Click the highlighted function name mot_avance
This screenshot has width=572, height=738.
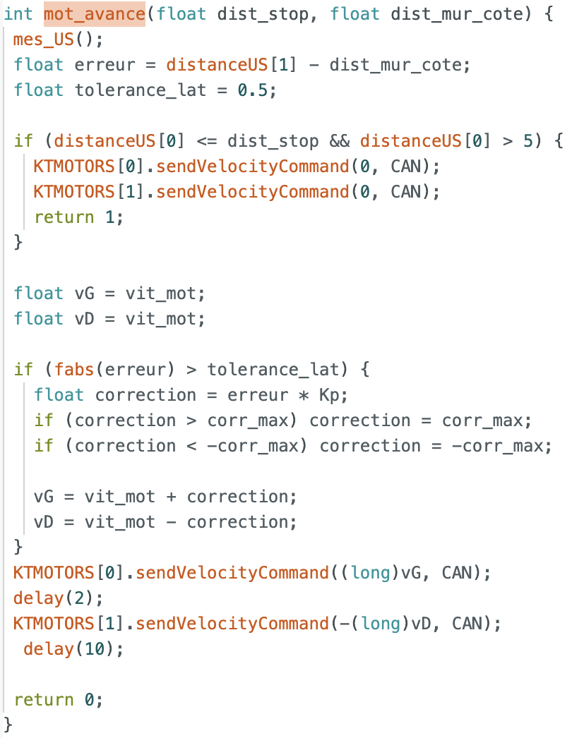click(94, 14)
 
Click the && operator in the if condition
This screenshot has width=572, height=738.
click(339, 140)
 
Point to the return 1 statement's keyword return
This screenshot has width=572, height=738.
click(64, 217)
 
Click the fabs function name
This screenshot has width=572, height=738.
click(74, 369)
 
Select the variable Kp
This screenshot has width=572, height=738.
click(329, 395)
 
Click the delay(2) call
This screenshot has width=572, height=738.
click(58, 598)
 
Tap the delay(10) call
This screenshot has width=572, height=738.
click(73, 649)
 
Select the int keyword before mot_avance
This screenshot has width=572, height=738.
click(18, 14)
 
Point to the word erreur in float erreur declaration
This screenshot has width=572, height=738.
click(105, 65)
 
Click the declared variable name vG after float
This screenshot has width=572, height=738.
click(84, 294)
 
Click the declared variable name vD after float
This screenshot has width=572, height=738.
click(84, 319)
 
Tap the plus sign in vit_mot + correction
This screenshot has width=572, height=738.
click(171, 497)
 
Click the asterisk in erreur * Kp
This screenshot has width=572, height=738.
click(304, 395)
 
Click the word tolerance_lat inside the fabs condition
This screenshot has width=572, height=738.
click(273, 370)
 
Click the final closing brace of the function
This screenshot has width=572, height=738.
click(8, 725)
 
